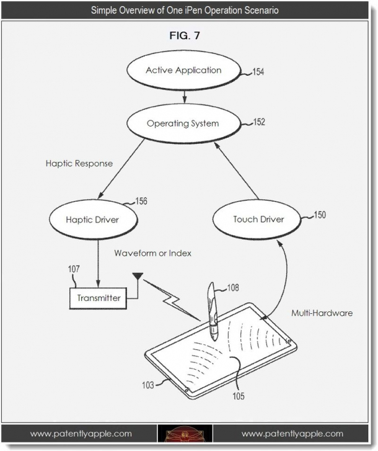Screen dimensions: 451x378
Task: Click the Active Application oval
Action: coord(183,70)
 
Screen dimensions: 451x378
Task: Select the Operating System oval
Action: coord(183,123)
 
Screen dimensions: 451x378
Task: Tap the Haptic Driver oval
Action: coord(92,220)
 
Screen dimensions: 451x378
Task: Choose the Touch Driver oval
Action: coord(258,219)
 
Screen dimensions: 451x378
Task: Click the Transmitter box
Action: coord(99,298)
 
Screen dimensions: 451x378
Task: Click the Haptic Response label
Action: coord(79,164)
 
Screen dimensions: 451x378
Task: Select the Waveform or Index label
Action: coord(153,253)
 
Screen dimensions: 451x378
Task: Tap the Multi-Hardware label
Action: coord(322,313)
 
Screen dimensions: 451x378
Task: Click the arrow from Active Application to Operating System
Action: coord(183,96)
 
